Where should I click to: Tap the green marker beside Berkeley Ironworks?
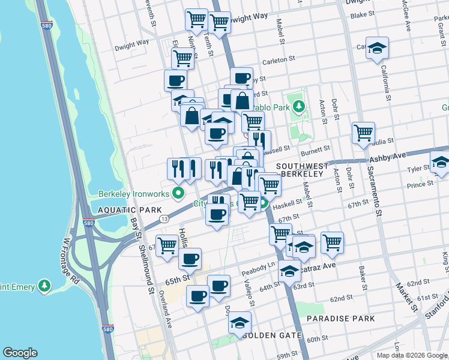pyautogui.click(x=178, y=193)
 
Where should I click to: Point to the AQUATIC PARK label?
pyautogui.click(x=127, y=210)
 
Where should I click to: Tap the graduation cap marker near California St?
pyautogui.click(x=378, y=48)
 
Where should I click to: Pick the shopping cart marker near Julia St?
pyautogui.click(x=363, y=133)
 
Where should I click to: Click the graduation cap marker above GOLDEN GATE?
pyautogui.click(x=240, y=322)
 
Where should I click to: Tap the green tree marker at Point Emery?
pyautogui.click(x=44, y=286)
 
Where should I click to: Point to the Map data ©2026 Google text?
pyautogui.click(x=411, y=355)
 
